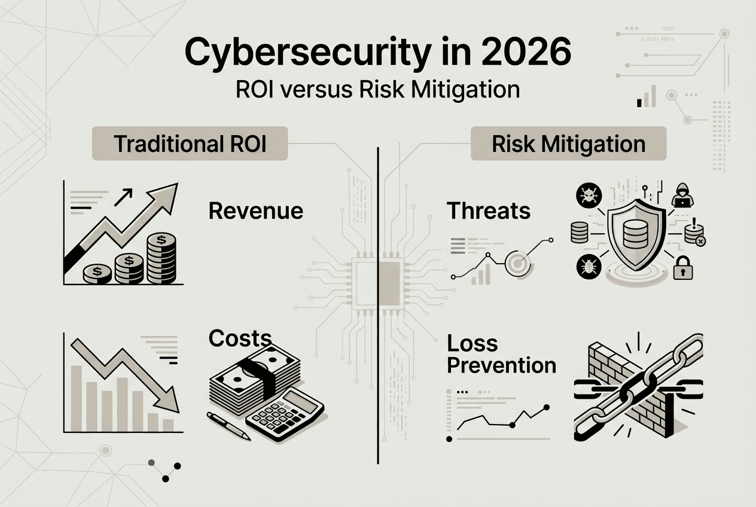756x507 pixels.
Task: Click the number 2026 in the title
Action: tap(526, 52)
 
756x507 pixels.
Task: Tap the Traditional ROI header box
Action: tap(190, 143)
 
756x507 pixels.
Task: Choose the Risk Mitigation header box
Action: tap(568, 143)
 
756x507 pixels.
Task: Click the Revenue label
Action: tap(256, 211)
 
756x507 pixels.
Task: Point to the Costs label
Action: tap(240, 338)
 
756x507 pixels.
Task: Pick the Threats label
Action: tap(489, 211)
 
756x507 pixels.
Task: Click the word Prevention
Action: tap(502, 365)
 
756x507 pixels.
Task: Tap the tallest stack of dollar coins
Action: tap(161, 258)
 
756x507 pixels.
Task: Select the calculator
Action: tap(285, 414)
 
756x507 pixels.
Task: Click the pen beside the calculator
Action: tap(228, 426)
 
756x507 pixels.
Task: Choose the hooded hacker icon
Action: tap(682, 196)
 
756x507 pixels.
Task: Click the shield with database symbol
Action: tap(636, 234)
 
